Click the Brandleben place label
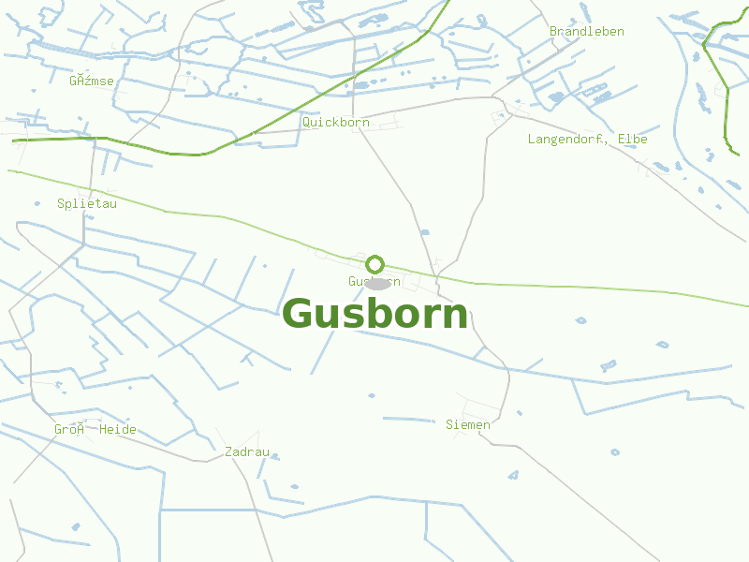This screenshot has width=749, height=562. (x=586, y=32)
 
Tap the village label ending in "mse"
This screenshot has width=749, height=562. (x=92, y=81)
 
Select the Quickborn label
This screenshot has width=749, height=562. (x=335, y=123)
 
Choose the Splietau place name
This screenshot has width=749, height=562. (x=86, y=203)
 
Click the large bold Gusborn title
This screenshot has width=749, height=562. (x=374, y=314)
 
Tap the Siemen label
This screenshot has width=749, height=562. (x=467, y=425)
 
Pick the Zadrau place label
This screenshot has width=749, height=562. (x=247, y=452)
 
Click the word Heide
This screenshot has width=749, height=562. (x=118, y=430)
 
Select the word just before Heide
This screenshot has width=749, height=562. (x=69, y=430)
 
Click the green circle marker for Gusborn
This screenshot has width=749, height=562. (x=375, y=264)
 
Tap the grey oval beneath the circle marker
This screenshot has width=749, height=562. (x=376, y=283)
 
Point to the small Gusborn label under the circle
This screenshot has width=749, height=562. (x=374, y=281)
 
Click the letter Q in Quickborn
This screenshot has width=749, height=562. (x=306, y=123)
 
